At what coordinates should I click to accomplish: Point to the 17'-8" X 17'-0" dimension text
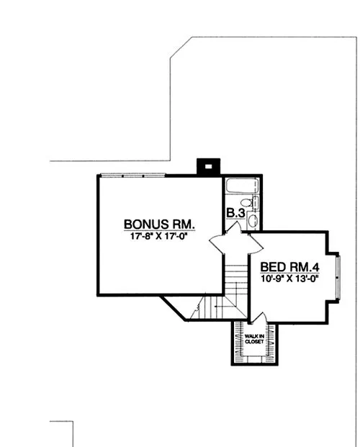pos(160,235)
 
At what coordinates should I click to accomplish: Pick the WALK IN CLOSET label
pos(255,339)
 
